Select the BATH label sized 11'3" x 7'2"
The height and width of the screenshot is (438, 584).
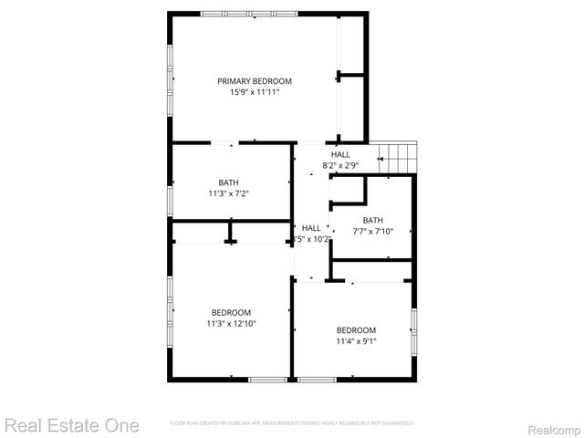[x=228, y=182]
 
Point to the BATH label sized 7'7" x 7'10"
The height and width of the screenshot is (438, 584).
[x=373, y=220]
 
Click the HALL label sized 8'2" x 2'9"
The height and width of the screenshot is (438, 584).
[x=340, y=155]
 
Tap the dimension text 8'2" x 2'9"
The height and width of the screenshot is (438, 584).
[x=340, y=165]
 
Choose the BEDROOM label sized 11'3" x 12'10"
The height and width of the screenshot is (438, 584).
[x=231, y=312]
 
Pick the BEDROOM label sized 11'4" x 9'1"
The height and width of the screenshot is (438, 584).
[x=356, y=330]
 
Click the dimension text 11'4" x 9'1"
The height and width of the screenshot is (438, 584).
[x=356, y=341]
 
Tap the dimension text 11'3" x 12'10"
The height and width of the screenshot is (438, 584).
[x=231, y=323]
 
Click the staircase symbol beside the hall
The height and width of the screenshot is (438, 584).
[x=398, y=156]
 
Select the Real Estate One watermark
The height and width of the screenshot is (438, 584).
[x=72, y=425]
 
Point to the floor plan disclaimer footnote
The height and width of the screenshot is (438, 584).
[x=292, y=423]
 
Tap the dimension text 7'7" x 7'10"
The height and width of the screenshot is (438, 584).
[x=373, y=231]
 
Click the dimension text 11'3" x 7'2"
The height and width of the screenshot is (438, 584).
[x=228, y=193]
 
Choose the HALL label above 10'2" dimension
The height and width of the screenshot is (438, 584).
[x=312, y=228]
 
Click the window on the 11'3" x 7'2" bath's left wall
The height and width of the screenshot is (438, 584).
[x=169, y=197]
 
